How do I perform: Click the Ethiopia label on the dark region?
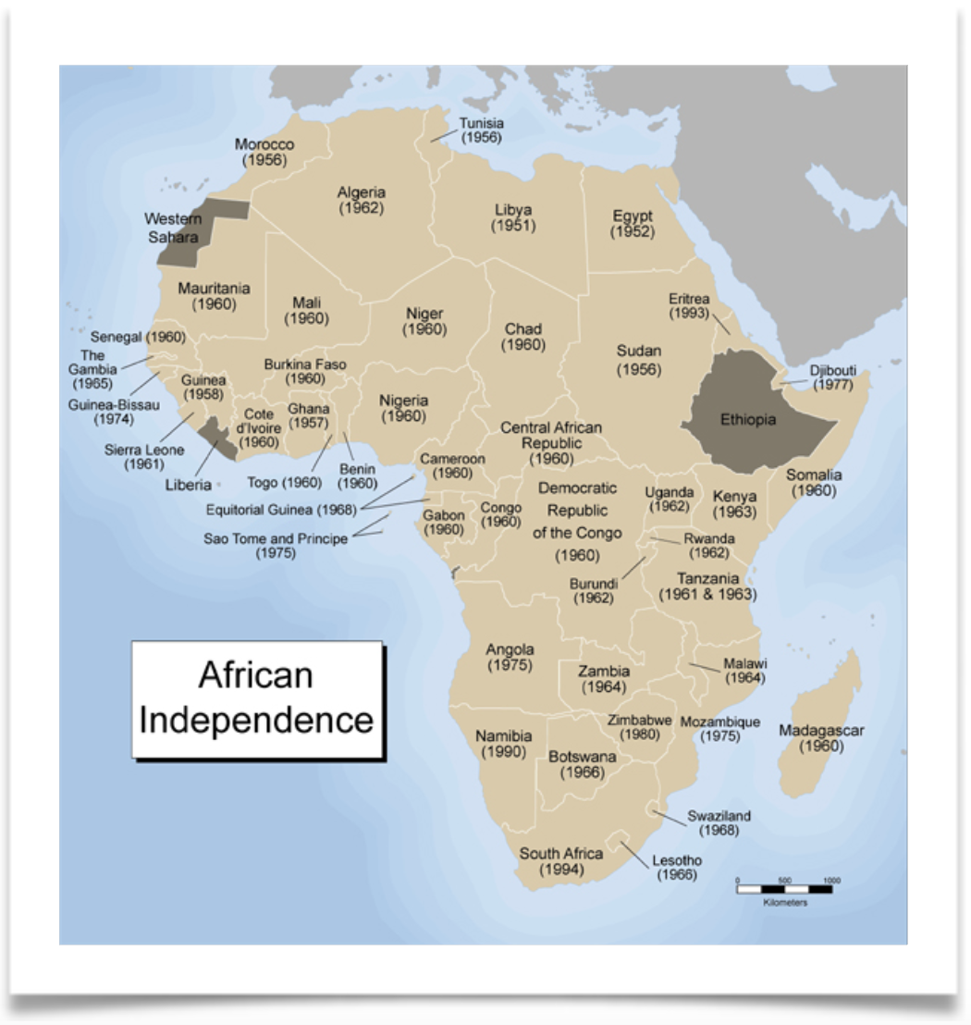747,420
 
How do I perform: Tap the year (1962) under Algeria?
361,208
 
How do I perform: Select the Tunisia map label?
481,123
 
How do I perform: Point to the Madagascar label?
820,731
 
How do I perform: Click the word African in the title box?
256,675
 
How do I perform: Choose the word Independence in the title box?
256,720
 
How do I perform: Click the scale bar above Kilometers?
784,889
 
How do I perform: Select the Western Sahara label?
173,228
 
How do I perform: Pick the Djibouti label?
832,370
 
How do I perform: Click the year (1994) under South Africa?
560,870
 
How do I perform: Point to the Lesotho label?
677,860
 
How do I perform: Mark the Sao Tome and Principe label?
276,538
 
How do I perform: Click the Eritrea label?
689,299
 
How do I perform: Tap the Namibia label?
503,735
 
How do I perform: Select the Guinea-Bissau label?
114,404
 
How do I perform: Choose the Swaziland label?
719,816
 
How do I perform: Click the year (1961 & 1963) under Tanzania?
707,595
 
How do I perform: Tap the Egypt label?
632,216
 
